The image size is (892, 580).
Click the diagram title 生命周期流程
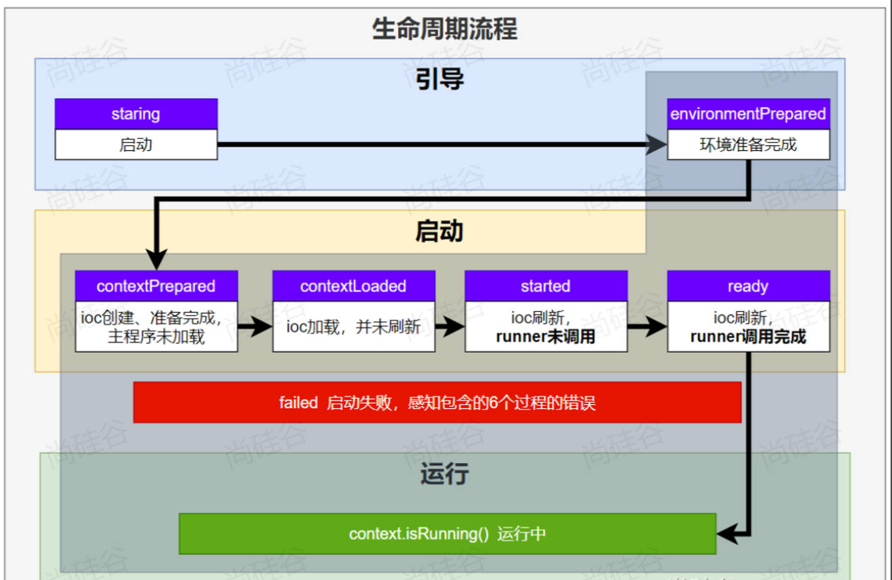click(444, 29)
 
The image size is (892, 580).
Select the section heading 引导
click(440, 79)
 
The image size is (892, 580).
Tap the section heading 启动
click(439, 232)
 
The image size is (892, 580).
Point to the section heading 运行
click(444, 475)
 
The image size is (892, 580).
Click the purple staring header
click(136, 114)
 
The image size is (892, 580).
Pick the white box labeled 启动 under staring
click(136, 144)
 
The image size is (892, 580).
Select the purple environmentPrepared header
click(748, 114)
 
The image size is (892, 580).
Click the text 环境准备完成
click(748, 144)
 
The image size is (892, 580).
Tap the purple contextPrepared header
click(156, 286)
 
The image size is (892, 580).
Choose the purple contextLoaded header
click(353, 286)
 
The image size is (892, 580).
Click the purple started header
click(546, 286)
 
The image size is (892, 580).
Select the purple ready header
click(748, 286)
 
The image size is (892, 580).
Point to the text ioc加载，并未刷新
click(353, 327)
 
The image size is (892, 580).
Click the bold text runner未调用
click(546, 337)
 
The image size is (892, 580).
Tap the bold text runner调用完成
click(748, 337)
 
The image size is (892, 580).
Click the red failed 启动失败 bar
click(437, 403)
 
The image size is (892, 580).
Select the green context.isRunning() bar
click(447, 534)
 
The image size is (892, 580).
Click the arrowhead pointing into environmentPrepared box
click(656, 145)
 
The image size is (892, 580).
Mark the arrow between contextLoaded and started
click(450, 327)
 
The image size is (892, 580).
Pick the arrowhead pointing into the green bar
click(726, 534)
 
